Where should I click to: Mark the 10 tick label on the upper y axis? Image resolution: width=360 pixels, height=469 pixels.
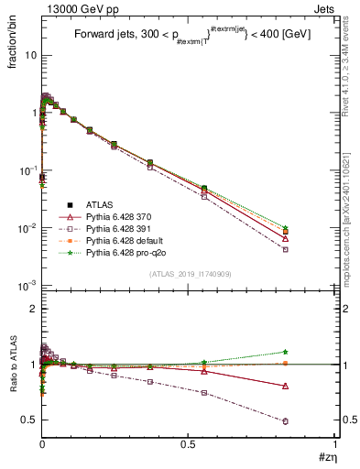pos(27,55)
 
